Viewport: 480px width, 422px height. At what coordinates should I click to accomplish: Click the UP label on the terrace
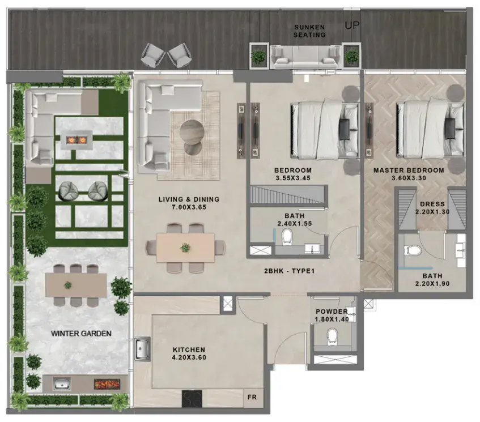tap(352, 25)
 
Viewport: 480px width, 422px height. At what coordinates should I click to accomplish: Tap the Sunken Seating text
tap(309, 31)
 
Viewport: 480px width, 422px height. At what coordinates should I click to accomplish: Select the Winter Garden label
tap(81, 333)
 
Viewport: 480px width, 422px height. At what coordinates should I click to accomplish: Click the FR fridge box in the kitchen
tap(252, 397)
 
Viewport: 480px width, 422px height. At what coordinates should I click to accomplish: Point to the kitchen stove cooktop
tap(192, 398)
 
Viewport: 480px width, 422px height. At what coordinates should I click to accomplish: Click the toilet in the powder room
tap(332, 336)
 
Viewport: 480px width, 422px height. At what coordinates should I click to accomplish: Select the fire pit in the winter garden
tap(77, 140)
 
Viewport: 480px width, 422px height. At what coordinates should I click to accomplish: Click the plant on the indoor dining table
tap(185, 248)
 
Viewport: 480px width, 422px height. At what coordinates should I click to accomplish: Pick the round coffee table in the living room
tap(192, 131)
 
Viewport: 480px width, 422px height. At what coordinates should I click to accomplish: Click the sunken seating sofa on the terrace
tap(306, 57)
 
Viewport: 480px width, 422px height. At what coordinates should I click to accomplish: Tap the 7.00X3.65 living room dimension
tap(189, 207)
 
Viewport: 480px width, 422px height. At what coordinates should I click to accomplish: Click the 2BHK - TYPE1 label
tap(289, 271)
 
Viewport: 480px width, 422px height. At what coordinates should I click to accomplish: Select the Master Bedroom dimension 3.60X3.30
tap(409, 178)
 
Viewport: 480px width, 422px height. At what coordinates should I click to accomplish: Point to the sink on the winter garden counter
tap(62, 383)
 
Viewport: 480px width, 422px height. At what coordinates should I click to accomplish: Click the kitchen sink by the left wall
tap(142, 349)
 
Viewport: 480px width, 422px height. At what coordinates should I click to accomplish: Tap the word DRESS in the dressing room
tap(432, 204)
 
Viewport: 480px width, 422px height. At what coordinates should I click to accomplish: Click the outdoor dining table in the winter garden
tap(76, 285)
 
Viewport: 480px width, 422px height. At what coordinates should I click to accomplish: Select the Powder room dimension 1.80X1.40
tap(332, 319)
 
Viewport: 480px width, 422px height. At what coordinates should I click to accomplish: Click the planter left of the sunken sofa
tap(258, 56)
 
